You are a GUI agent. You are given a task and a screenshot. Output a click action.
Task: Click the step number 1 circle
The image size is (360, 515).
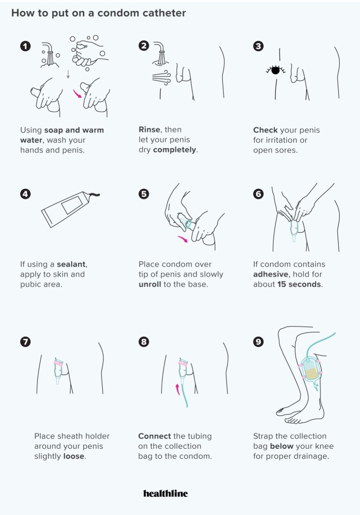(x=25, y=46)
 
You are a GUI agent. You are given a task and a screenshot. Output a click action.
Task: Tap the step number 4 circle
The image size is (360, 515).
(x=25, y=194)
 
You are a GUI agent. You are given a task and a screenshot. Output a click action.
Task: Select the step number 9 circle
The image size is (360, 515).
(x=258, y=342)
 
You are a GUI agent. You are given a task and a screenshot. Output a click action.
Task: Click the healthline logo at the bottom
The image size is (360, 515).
(x=166, y=493)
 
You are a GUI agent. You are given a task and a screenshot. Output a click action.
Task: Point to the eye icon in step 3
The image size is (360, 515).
(x=275, y=70)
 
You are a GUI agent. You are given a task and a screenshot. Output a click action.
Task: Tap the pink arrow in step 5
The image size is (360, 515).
(x=183, y=239)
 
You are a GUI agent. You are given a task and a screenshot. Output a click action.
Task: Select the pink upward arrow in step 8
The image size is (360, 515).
(x=177, y=389)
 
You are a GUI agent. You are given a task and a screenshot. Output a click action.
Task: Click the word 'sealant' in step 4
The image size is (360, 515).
(x=72, y=264)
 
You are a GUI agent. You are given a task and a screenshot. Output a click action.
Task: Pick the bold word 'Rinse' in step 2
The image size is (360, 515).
(x=150, y=129)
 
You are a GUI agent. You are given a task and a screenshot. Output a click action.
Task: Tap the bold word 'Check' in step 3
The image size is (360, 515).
(x=265, y=130)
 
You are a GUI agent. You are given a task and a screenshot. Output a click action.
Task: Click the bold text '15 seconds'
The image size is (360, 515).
(x=299, y=284)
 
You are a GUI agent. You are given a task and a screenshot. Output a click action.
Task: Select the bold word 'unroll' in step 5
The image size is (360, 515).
(x=150, y=284)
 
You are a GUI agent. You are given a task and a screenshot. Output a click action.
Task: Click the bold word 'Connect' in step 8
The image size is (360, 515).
(x=154, y=436)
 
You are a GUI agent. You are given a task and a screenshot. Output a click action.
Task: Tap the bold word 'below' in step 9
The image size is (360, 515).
(x=282, y=446)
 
